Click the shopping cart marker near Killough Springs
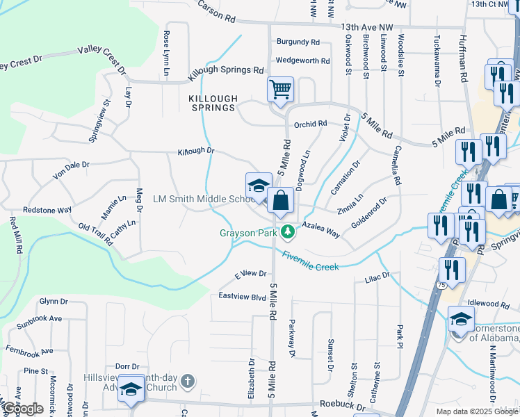[x=280, y=90]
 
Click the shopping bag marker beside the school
[x=279, y=201]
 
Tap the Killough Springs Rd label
[x=227, y=70]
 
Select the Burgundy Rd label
[x=298, y=42]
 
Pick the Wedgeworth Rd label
[x=302, y=60]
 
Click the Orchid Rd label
[x=310, y=124]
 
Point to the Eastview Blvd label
[x=242, y=297]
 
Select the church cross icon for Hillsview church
[x=188, y=381]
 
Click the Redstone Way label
[x=47, y=209]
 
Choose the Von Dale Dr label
[x=72, y=170]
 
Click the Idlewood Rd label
[x=489, y=304]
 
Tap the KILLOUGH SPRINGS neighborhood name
[x=213, y=104]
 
